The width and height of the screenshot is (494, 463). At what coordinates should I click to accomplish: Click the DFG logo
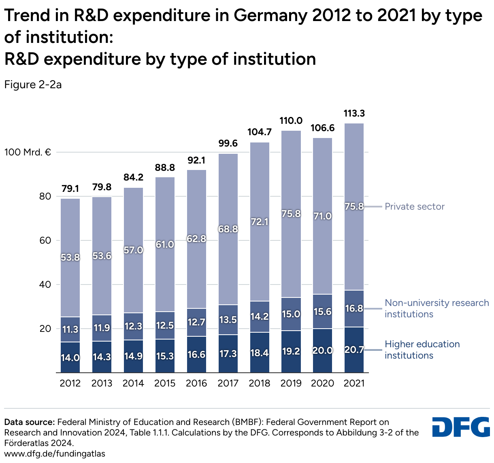pyautogui.click(x=461, y=427)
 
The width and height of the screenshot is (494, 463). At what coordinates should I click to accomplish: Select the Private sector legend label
pyautogui.click(x=414, y=206)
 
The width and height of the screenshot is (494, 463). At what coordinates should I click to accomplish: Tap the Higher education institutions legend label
pyautogui.click(x=422, y=350)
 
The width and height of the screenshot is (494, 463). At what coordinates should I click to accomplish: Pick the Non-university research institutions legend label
pyautogui.click(x=437, y=308)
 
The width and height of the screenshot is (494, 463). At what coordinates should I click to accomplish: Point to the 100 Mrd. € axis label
pyautogui.click(x=28, y=153)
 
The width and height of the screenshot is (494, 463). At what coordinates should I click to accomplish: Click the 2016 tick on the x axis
pyautogui.click(x=196, y=383)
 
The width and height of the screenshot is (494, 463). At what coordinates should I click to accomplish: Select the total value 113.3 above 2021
pyautogui.click(x=354, y=114)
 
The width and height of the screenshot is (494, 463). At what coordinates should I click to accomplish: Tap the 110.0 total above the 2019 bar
pyautogui.click(x=291, y=121)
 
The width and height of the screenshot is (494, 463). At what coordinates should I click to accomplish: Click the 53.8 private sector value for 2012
pyautogui.click(x=70, y=257)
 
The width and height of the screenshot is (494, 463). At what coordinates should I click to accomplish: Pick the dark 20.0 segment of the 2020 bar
pyautogui.click(x=323, y=350)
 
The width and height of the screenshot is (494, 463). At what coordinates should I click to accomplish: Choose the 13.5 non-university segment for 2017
pyautogui.click(x=228, y=320)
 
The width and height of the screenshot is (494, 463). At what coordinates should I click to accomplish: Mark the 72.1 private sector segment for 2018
pyautogui.click(x=260, y=222)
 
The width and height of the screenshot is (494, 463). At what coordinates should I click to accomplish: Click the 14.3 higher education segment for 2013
pyautogui.click(x=102, y=357)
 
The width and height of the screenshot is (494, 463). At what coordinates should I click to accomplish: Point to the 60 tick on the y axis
pyautogui.click(x=45, y=240)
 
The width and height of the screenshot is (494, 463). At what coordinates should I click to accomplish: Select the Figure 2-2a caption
pyautogui.click(x=33, y=85)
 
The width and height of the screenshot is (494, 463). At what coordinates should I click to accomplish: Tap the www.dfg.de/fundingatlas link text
pyautogui.click(x=55, y=454)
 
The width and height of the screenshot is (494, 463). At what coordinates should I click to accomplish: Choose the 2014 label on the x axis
pyautogui.click(x=133, y=383)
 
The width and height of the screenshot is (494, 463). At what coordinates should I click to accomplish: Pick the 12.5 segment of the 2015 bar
pyautogui.click(x=165, y=325)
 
